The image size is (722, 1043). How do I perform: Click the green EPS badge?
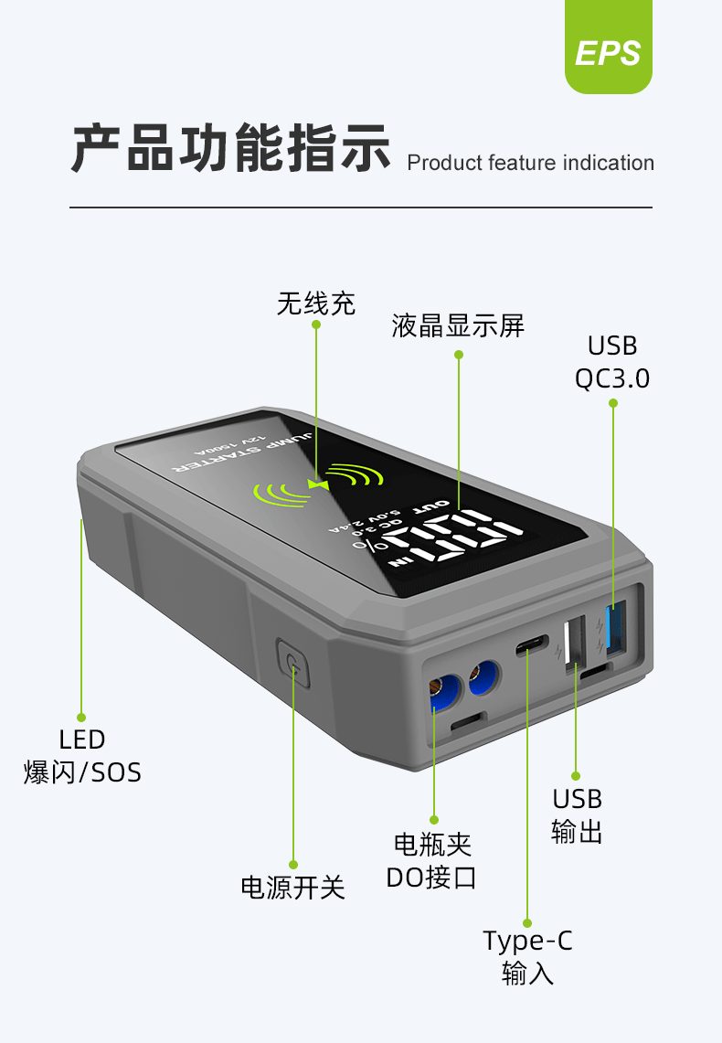[608, 52]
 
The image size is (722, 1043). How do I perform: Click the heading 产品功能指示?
[230, 147]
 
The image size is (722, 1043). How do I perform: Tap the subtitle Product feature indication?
[530, 164]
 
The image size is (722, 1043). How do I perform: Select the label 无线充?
[315, 303]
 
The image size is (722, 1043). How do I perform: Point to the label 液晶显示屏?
[458, 326]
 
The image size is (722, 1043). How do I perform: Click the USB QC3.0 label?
[612, 362]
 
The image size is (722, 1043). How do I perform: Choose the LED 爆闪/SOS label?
[82, 755]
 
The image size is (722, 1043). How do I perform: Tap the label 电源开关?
[292, 887]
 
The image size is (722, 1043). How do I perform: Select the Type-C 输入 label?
[528, 956]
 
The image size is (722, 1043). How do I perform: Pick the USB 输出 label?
[578, 815]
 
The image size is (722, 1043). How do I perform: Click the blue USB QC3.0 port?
[613, 632]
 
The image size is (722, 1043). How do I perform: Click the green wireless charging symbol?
[316, 484]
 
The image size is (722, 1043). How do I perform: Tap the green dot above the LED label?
[81, 718]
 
